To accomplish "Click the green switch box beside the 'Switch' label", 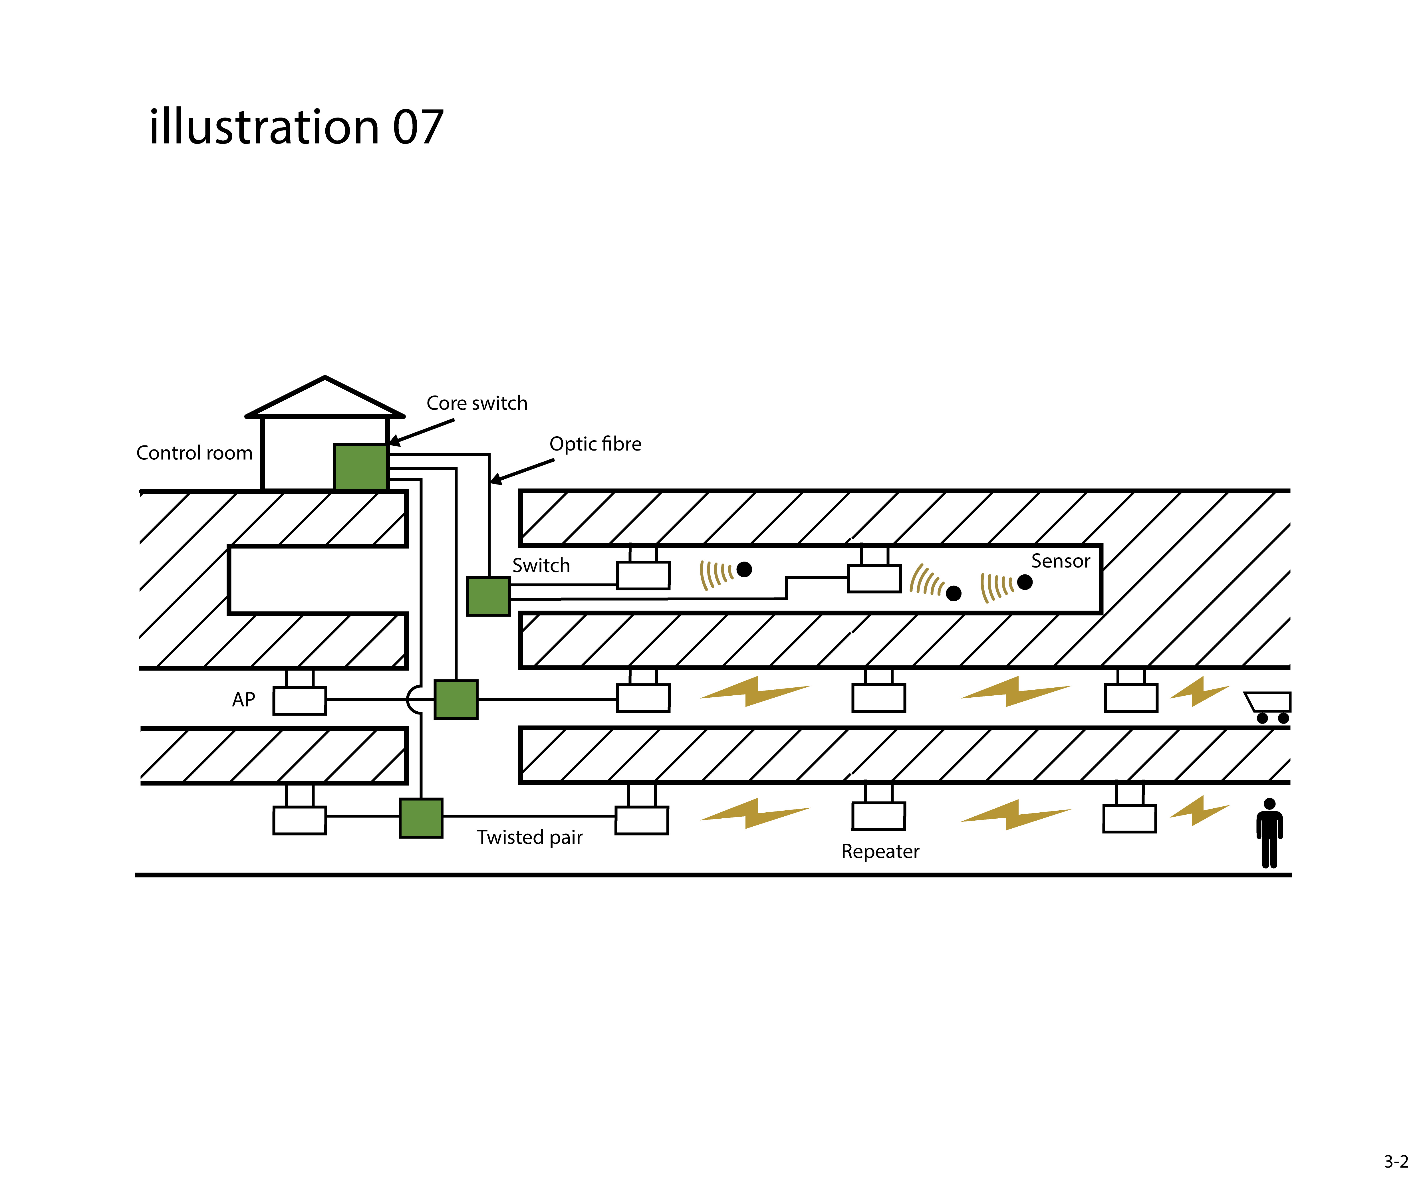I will [488, 596].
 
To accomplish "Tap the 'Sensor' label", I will [1060, 561].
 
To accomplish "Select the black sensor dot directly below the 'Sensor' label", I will [1025, 582].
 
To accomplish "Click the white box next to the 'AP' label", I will [300, 701].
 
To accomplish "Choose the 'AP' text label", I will [243, 700].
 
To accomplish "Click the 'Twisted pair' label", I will [529, 837].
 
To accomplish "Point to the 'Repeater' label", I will [880, 851].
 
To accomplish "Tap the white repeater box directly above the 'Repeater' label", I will [879, 816].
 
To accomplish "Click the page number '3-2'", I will [1396, 1161].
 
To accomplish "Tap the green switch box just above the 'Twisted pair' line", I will [421, 818].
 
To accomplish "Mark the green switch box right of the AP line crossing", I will [456, 699].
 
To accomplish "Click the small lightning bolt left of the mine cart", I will [1199, 692].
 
